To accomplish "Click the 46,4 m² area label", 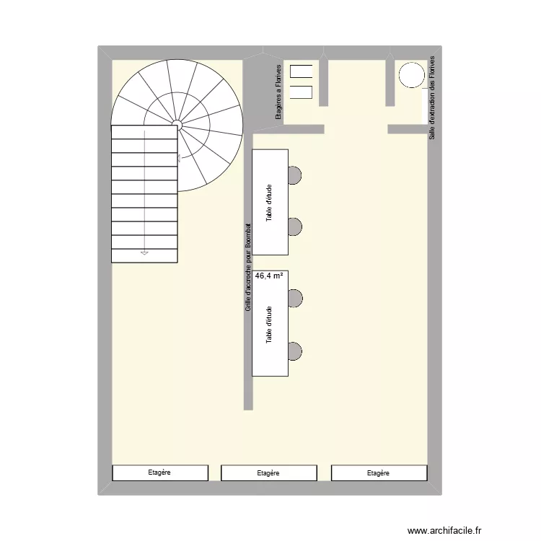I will pyautogui.click(x=268, y=276).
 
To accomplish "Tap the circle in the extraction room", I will pyautogui.click(x=412, y=75).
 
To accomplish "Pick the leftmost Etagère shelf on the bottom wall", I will pyautogui.click(x=159, y=472).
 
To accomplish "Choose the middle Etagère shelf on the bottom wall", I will pyautogui.click(x=268, y=473).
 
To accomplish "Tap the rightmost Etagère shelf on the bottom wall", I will pyautogui.click(x=378, y=473).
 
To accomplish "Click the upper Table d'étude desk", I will pyautogui.click(x=270, y=202).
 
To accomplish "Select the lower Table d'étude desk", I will pyautogui.click(x=270, y=324).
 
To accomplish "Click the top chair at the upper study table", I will pyautogui.click(x=294, y=175).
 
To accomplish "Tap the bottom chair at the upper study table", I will pyautogui.click(x=294, y=227).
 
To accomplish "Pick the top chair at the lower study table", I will pyautogui.click(x=294, y=297).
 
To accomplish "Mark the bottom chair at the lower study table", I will pyautogui.click(x=294, y=351).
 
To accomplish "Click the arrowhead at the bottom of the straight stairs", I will pyautogui.click(x=144, y=253).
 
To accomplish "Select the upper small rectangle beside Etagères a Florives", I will pyautogui.click(x=301, y=70).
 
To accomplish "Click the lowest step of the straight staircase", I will pyautogui.click(x=144, y=256).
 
